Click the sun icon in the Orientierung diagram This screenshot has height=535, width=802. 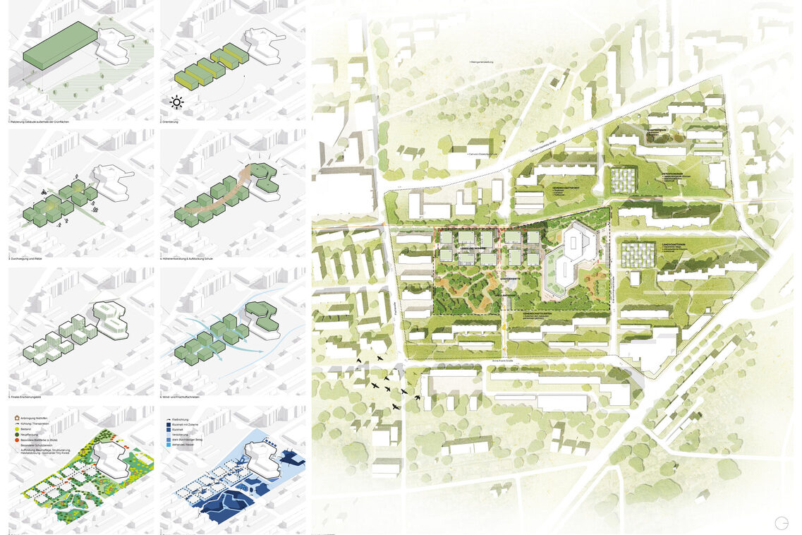tap(176, 102)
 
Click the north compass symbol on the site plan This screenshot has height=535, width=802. tap(781, 523)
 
